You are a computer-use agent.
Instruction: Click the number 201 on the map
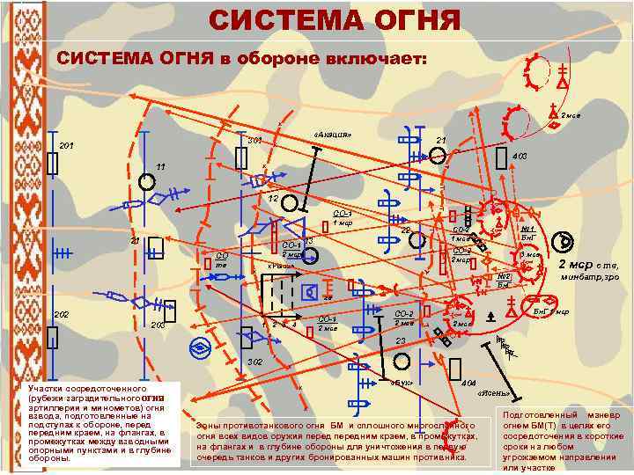click(66, 145)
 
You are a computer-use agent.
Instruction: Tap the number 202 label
click(61, 315)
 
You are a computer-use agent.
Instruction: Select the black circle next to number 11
click(147, 181)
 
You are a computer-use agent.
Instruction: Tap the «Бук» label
click(401, 384)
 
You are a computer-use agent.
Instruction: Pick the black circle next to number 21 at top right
click(438, 157)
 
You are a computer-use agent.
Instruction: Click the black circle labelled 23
click(401, 361)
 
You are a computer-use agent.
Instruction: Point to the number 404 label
click(468, 384)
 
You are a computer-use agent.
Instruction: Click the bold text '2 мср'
click(577, 265)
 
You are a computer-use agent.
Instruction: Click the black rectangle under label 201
click(53, 164)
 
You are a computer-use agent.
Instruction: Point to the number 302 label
click(254, 362)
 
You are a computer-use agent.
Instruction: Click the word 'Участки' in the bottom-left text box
click(45, 387)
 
